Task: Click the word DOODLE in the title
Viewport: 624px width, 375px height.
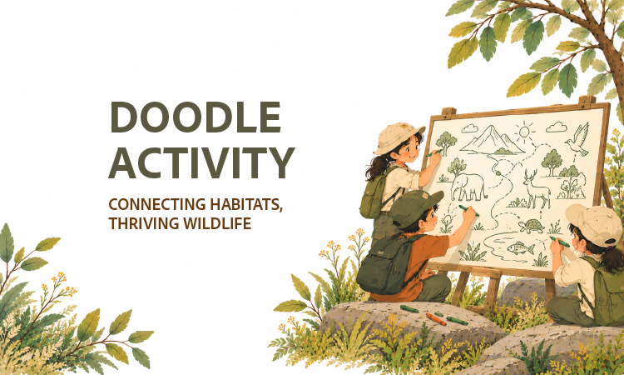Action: pyautogui.click(x=195, y=117)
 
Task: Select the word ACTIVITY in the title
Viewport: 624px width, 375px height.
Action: pyautogui.click(x=202, y=162)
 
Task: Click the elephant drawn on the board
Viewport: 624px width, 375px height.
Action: pyautogui.click(x=468, y=186)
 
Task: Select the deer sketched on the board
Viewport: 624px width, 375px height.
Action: pyautogui.click(x=536, y=188)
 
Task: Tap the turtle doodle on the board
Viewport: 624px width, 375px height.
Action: pyautogui.click(x=532, y=226)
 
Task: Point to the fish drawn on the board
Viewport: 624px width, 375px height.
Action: pyautogui.click(x=521, y=248)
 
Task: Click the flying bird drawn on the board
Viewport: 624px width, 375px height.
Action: pyautogui.click(x=577, y=139)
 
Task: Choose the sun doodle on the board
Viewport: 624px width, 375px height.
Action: pyautogui.click(x=524, y=131)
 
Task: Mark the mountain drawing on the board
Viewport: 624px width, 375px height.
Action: pyautogui.click(x=493, y=140)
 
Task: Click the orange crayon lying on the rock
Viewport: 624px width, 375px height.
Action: pyautogui.click(x=436, y=319)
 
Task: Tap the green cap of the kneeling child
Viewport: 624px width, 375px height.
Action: pyautogui.click(x=415, y=207)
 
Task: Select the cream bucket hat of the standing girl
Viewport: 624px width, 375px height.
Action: pyautogui.click(x=398, y=137)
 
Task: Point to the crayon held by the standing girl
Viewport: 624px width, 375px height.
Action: pyautogui.click(x=433, y=153)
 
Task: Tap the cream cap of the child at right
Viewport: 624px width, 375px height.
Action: pyautogui.click(x=593, y=225)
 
